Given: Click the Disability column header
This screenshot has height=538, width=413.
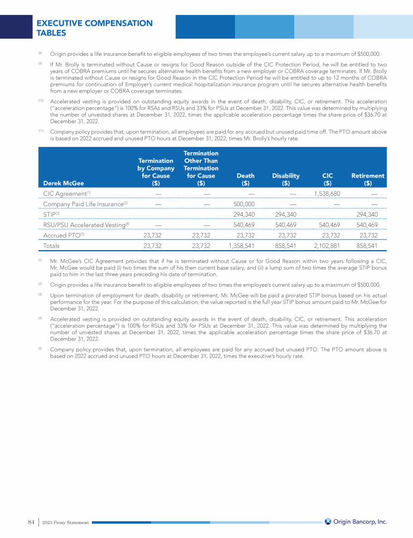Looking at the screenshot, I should click(286, 176).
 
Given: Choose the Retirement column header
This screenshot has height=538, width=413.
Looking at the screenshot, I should click(367, 176).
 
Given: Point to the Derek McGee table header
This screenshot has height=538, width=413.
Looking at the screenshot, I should click(63, 183).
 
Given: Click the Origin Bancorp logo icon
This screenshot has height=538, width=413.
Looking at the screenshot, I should click(328, 521).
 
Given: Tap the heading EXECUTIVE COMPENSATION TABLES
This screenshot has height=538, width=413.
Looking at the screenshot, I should click(94, 28).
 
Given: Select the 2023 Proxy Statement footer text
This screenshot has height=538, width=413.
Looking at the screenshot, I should click(66, 522).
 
